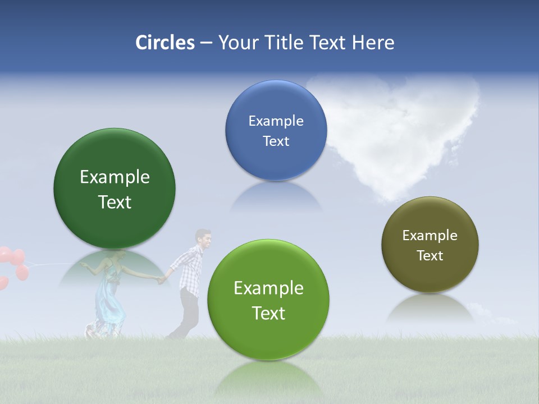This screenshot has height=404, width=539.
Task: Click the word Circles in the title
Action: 165,43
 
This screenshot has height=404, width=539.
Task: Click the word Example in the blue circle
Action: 276,121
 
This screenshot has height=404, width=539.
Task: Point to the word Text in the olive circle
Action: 430,256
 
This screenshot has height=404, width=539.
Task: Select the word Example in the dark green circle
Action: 115,177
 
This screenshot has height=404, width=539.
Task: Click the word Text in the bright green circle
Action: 268,313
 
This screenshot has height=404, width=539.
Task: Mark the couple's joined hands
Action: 162,279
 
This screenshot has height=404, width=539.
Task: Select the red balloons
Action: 14,264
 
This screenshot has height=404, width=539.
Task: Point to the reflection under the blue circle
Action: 276,196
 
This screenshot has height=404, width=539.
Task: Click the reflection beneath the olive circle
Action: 430,309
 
